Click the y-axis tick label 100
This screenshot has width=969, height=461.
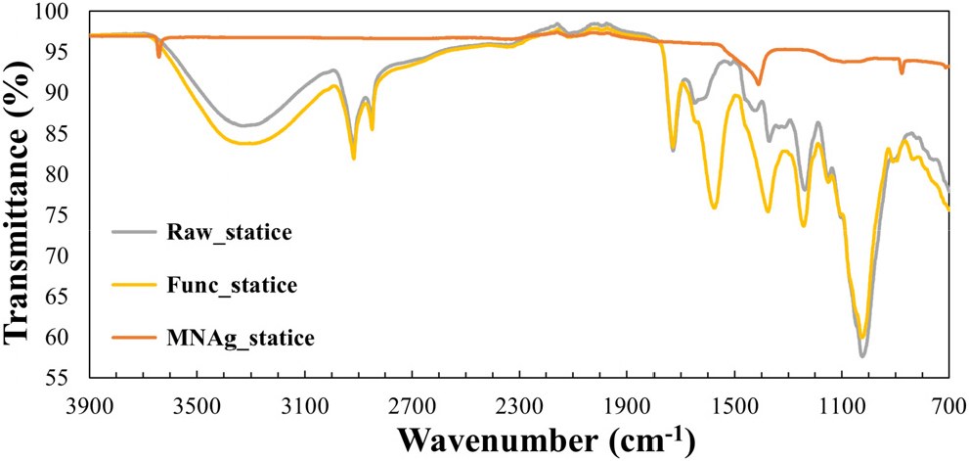[61, 12]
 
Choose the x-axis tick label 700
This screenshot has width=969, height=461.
[949, 400]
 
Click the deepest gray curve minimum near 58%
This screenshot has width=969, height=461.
[862, 355]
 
